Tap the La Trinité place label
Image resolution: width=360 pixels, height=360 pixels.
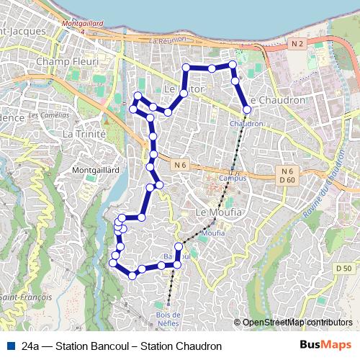84,134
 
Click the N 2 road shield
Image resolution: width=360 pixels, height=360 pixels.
297,45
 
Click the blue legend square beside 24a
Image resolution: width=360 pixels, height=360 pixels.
10,346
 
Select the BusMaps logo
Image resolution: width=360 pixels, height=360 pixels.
325,346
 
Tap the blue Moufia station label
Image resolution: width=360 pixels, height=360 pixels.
212,233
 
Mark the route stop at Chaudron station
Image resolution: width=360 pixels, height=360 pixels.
247,110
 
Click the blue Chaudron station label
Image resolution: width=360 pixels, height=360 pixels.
246,123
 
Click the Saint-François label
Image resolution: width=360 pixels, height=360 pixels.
22,297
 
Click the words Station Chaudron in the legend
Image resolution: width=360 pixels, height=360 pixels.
181,346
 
